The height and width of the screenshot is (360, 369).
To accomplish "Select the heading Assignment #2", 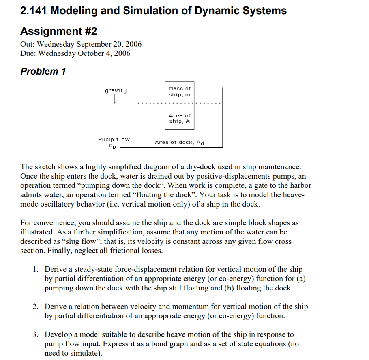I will [x=58, y=31].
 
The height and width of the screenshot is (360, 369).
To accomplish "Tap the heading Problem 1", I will [x=43, y=71].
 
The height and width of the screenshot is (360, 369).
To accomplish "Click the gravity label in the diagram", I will [x=116, y=90].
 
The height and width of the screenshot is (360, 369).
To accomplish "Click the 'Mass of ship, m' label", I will [x=180, y=92].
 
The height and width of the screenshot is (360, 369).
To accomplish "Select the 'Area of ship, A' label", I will [x=180, y=118].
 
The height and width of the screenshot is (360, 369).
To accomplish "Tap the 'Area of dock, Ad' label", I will [x=179, y=142].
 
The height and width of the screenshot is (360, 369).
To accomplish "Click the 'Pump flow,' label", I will [x=115, y=139].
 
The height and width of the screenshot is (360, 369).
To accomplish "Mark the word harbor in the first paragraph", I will [x=299, y=185].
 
